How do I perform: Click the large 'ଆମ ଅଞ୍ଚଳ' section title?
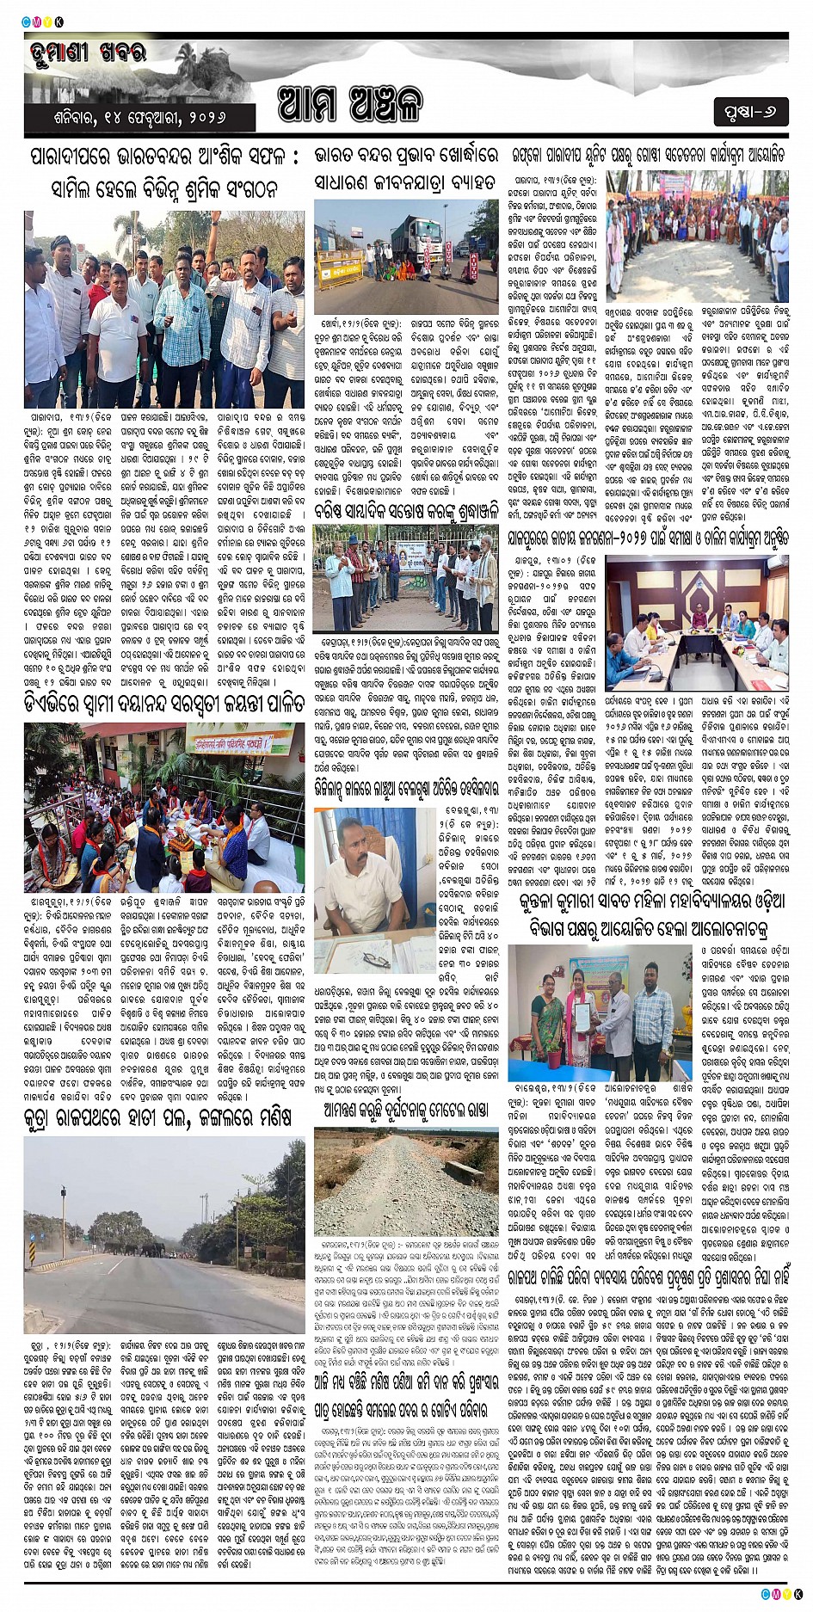[x=350, y=104]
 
